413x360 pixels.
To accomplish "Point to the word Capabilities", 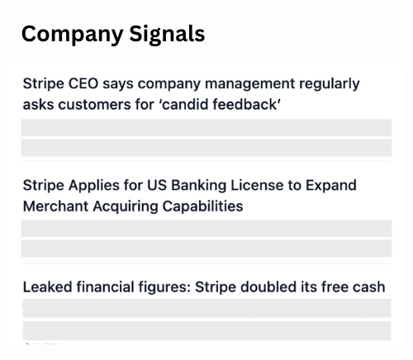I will (x=202, y=206).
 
